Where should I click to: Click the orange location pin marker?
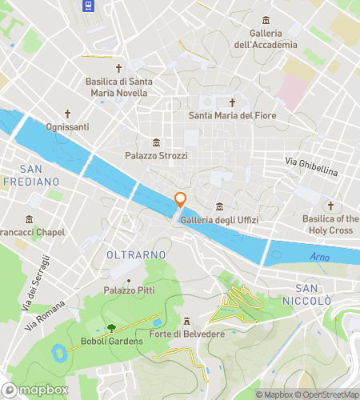coord(181,201)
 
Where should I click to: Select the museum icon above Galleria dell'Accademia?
coord(266,21)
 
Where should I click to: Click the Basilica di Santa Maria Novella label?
coord(117,86)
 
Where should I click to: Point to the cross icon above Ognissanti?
coord(68,114)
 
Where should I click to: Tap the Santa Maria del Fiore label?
coord(232,115)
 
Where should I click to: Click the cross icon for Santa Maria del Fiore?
coord(233,102)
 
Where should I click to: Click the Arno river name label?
coord(319,257)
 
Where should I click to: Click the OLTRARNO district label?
coord(135,254)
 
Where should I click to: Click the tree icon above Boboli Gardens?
coord(111,327)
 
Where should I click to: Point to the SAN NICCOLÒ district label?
coord(313,294)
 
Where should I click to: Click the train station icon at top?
coord(88,6)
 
